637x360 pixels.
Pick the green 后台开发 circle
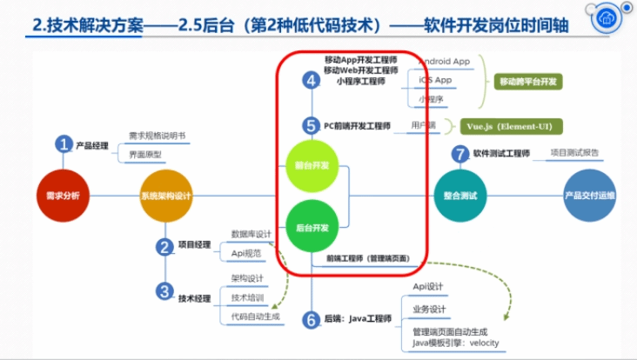(312, 227)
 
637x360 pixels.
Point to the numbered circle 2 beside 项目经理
(165, 247)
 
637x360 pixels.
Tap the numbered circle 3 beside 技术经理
(165, 291)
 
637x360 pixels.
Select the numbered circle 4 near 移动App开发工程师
(312, 80)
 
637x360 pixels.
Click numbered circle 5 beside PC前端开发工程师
(312, 125)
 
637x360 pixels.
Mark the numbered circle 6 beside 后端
(312, 319)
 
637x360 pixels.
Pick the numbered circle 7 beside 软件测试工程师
(460, 154)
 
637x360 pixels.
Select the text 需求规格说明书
(157, 136)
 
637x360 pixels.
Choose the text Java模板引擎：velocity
(456, 343)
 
